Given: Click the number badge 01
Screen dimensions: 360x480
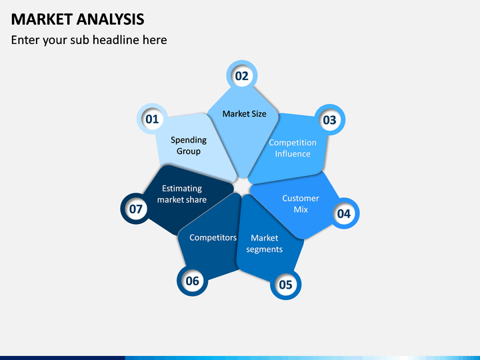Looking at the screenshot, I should point(152,120).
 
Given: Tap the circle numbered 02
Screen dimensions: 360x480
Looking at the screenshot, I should point(241,76).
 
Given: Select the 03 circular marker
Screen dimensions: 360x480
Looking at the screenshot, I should point(329,120).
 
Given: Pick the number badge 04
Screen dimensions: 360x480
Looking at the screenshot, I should point(343,213).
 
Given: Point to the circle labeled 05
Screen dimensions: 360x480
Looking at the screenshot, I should point(285,285).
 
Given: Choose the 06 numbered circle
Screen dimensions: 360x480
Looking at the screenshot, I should point(192,281).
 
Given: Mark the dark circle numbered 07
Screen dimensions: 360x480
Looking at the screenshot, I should point(136,209).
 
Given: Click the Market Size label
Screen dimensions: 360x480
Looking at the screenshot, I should point(244,114).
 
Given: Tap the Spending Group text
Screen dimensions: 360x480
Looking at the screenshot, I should point(189,145).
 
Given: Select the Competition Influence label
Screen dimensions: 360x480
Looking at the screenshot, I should point(293,148).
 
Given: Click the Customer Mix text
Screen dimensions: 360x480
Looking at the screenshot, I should point(301,204).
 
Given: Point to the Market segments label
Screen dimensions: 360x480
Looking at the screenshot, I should point(265,243).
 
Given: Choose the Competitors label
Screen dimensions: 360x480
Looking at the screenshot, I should point(213,237).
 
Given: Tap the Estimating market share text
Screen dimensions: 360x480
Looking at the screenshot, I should point(182,194).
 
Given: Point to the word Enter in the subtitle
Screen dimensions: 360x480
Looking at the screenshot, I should point(26,40).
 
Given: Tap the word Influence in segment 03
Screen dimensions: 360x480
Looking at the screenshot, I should point(293,154).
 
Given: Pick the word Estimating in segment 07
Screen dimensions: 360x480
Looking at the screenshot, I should point(182,189).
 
